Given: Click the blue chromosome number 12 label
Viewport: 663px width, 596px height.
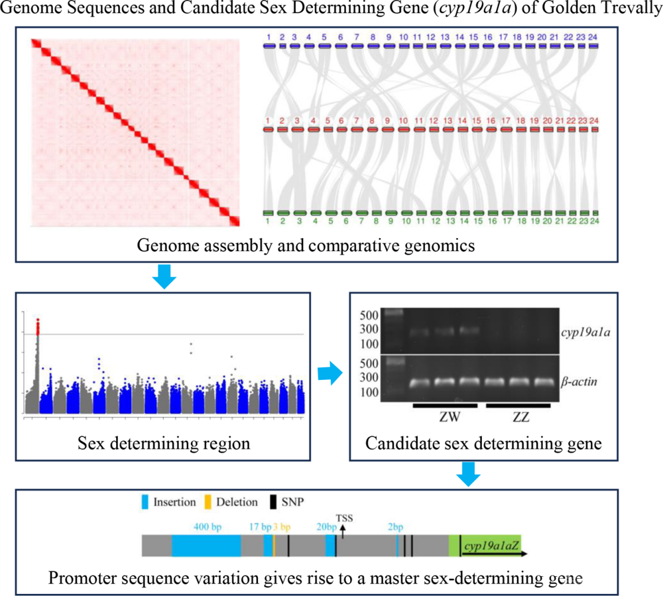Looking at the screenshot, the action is pyautogui.click(x=430, y=37).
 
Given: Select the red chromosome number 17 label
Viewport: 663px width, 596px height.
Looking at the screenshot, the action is pyautogui.click(x=506, y=121).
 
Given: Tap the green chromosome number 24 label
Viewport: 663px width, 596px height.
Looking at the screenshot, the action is pyautogui.click(x=595, y=221).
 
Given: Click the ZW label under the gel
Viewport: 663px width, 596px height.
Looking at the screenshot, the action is pyautogui.click(x=450, y=417).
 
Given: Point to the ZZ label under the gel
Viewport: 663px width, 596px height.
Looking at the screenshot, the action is pyautogui.click(x=521, y=417).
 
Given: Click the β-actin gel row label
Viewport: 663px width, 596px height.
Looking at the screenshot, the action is pyautogui.click(x=579, y=382).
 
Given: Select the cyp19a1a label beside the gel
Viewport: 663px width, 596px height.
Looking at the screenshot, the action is pyautogui.click(x=585, y=333).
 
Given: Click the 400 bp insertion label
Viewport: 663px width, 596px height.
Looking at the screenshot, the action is pyautogui.click(x=207, y=527).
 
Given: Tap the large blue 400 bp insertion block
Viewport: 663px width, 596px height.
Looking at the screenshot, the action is pyautogui.click(x=206, y=546).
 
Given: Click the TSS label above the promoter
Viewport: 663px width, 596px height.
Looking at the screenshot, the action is pyautogui.click(x=344, y=518).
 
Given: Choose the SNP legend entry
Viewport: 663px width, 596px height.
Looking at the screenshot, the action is pyautogui.click(x=287, y=502).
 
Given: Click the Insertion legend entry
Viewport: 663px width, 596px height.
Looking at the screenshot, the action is pyautogui.click(x=168, y=502).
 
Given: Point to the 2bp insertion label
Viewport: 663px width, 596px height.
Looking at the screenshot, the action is pyautogui.click(x=396, y=527).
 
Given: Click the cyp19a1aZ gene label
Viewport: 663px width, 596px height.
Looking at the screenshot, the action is pyautogui.click(x=491, y=546).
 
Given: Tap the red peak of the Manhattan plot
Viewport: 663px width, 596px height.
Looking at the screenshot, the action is pyautogui.click(x=38, y=327).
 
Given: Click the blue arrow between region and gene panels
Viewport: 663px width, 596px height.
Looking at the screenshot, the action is pyautogui.click(x=330, y=373).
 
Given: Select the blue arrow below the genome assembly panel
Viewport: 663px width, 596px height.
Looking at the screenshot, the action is pyautogui.click(x=164, y=277).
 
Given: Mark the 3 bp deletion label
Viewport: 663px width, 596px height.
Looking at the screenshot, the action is pyautogui.click(x=282, y=527).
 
